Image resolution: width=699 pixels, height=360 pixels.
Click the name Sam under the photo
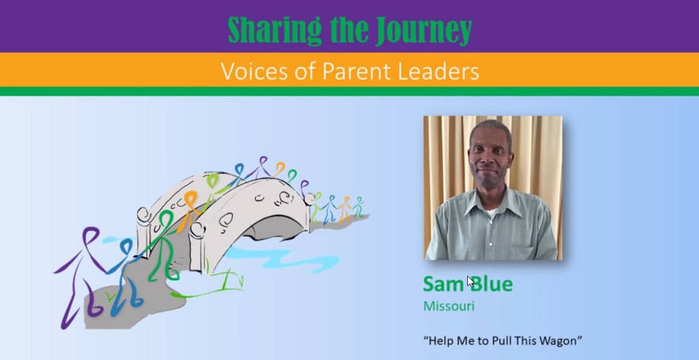tap(443, 284)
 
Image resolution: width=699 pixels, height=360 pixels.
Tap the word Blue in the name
tap(491, 284)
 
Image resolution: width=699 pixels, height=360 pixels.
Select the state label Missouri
tap(449, 306)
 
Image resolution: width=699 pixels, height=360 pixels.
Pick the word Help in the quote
tap(436, 341)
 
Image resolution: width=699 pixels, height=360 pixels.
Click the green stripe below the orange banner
tap(349, 92)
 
